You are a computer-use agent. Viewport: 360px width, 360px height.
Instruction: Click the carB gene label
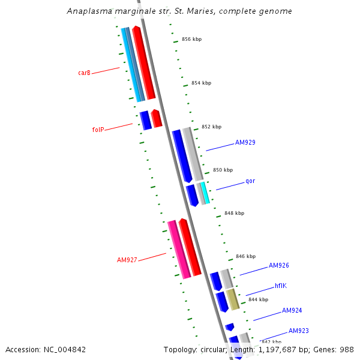pos(84,73)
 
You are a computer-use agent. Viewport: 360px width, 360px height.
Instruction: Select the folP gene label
pos(98,130)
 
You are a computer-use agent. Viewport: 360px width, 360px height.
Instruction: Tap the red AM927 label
pos(127,260)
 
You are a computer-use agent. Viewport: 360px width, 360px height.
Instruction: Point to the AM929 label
pos(245,142)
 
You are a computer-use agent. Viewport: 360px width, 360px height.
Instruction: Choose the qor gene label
pos(250,181)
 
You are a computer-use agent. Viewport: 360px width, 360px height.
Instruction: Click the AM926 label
pos(279,265)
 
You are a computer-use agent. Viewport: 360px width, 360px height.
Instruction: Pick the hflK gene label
pos(281,286)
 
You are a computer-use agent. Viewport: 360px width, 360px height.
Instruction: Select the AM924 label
pos(292,311)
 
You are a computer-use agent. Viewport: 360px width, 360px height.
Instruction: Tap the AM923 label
pos(298,331)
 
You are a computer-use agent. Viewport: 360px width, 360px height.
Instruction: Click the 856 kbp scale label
pos(191,40)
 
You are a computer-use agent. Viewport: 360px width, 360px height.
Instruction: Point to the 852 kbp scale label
pos(211,127)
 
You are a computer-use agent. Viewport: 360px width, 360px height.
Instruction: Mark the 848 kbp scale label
pos(234,213)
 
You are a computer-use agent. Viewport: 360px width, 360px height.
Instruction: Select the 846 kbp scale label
pos(245,256)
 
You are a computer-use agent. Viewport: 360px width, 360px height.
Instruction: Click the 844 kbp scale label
pos(258,299)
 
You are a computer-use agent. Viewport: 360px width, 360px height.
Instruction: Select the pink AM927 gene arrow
pos(178,250)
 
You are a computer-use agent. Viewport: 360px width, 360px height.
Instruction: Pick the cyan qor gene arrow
pos(205,193)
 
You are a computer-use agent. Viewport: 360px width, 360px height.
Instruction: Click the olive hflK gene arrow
pos(233,299)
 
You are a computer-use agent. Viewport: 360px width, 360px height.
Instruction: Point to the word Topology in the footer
pos(179,349)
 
